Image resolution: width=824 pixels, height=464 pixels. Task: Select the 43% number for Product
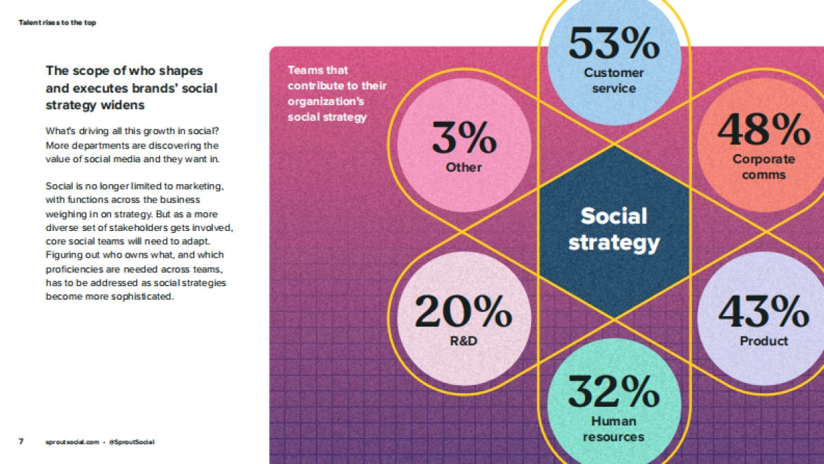tap(764, 311)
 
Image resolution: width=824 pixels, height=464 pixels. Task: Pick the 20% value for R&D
tap(463, 311)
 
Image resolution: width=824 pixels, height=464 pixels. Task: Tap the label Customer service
tap(614, 80)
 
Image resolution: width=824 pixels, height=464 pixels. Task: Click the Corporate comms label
tap(764, 167)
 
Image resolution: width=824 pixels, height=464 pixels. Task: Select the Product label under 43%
tap(764, 341)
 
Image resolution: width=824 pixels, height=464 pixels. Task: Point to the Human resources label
tap(614, 429)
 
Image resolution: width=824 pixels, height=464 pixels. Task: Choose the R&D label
tap(463, 341)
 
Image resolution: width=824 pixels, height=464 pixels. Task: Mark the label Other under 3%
tap(463, 167)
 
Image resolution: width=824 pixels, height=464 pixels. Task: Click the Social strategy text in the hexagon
tap(614, 229)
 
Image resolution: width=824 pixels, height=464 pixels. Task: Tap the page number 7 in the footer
tap(21, 441)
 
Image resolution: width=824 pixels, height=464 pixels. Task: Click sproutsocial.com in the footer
tap(71, 442)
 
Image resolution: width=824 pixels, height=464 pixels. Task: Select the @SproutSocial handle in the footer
tap(131, 442)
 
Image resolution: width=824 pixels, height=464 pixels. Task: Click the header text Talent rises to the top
tap(57, 23)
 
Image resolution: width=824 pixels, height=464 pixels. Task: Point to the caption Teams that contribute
tap(336, 93)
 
